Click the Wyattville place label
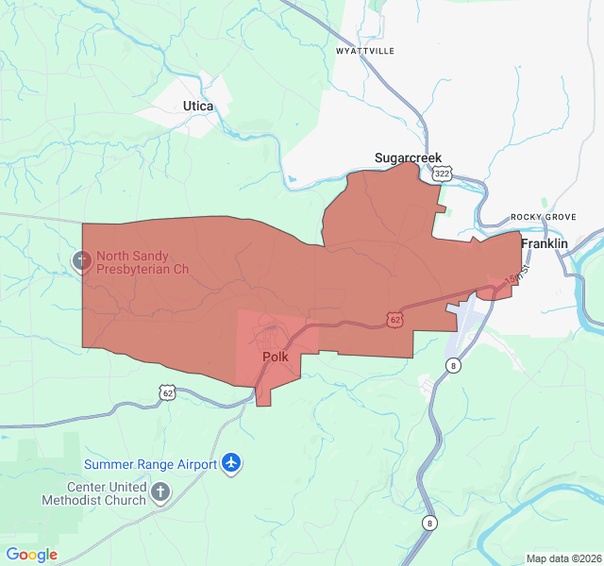click(365, 50)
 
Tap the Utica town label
click(198, 107)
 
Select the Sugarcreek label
click(408, 158)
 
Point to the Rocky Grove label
click(543, 217)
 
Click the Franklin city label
click(545, 243)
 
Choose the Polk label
click(275, 358)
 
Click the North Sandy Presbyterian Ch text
click(143, 262)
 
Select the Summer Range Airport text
click(151, 464)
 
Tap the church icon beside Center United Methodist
click(161, 491)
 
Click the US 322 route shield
click(442, 174)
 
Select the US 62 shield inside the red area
click(394, 321)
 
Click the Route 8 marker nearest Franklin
click(454, 366)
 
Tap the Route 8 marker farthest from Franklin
click(430, 523)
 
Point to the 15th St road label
click(511, 279)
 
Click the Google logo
click(32, 555)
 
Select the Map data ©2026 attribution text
click(562, 558)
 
